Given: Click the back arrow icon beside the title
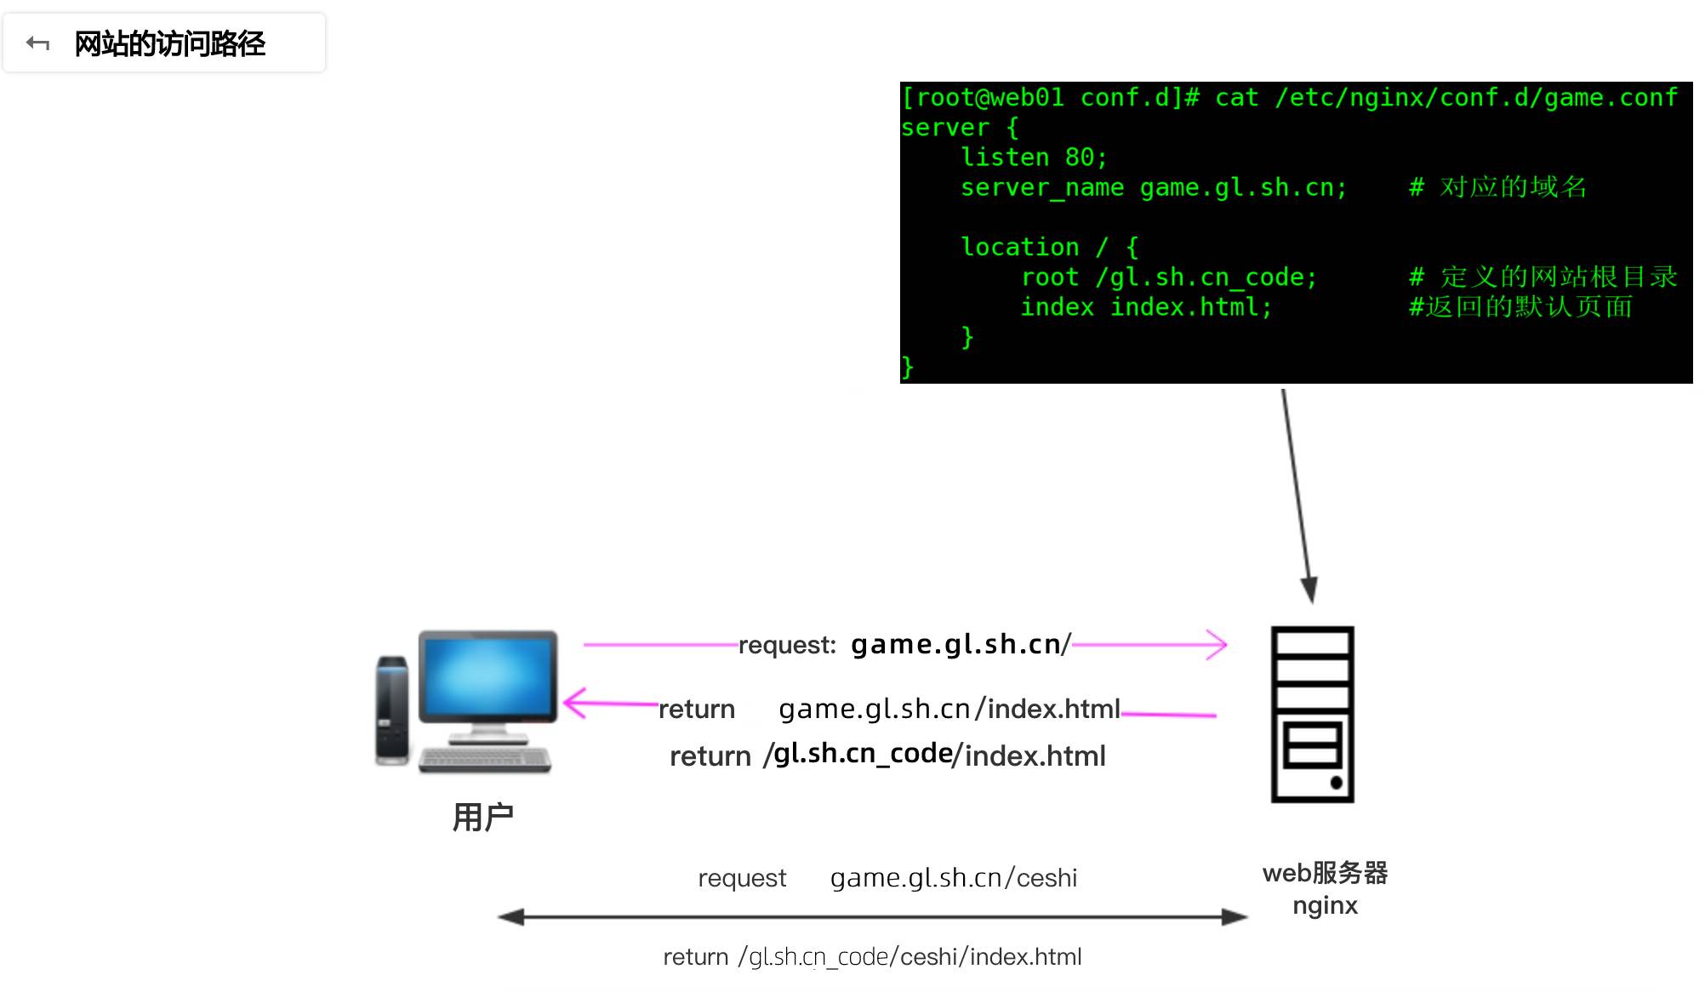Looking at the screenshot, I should click(38, 43).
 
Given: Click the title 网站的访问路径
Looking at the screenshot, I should click(170, 43).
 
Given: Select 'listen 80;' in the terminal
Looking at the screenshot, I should click(1034, 157).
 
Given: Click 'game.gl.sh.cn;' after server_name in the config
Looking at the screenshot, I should click(1243, 187).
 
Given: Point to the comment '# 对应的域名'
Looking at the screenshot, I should click(1498, 187).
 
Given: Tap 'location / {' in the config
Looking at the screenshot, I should click(1049, 248).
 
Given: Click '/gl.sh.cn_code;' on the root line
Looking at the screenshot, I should click(1206, 277).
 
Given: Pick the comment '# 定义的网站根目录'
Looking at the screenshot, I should click(1542, 277).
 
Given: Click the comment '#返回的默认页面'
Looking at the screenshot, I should click(1520, 307).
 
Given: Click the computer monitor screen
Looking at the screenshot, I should click(487, 676).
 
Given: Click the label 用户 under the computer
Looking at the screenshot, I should click(482, 818).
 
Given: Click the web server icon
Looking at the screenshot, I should click(1312, 715).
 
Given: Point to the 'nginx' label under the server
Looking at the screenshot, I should click(1325, 905).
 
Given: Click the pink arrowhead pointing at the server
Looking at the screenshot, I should click(1217, 645).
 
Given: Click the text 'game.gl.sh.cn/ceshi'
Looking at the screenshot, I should click(953, 878).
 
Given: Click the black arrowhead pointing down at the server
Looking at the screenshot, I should click(1309, 590).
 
